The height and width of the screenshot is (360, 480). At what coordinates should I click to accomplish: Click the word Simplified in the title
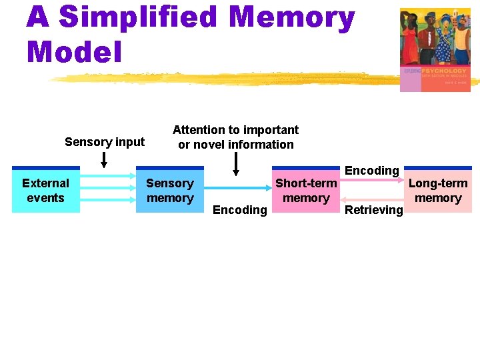point(138,18)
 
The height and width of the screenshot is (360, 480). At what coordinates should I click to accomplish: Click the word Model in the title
point(75,51)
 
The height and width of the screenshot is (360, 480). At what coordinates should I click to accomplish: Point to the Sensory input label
point(105,142)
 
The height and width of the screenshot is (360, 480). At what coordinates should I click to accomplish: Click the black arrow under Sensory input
point(104,159)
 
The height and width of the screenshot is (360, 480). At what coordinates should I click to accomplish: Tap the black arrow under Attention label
point(235,164)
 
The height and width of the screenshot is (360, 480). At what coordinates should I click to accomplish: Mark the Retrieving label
point(373,211)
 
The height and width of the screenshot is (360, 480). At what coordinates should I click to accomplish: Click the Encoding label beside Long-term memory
point(371,171)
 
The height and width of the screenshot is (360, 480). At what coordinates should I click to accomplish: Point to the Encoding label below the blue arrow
point(239,211)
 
